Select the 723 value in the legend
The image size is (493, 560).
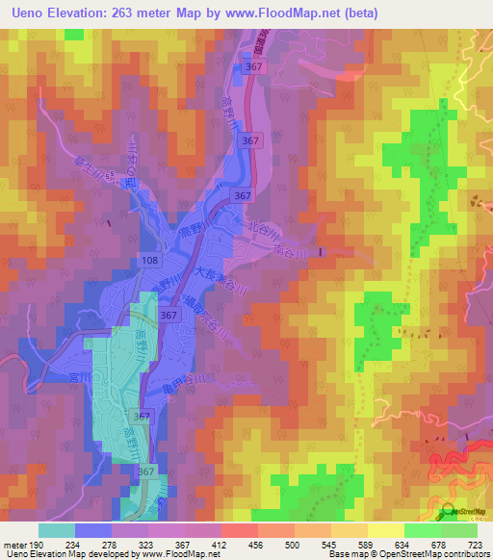(475, 544)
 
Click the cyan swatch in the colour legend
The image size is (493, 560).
(56, 530)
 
